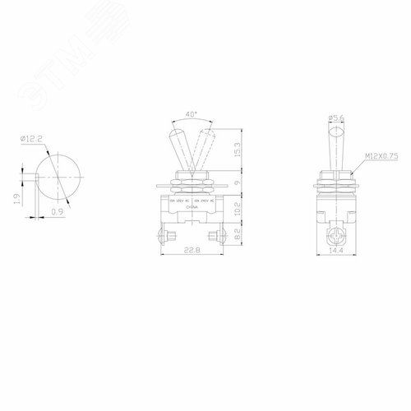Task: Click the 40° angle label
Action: click(x=192, y=116)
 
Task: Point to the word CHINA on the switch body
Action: click(x=191, y=209)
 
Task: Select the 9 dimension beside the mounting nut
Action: click(x=238, y=183)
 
